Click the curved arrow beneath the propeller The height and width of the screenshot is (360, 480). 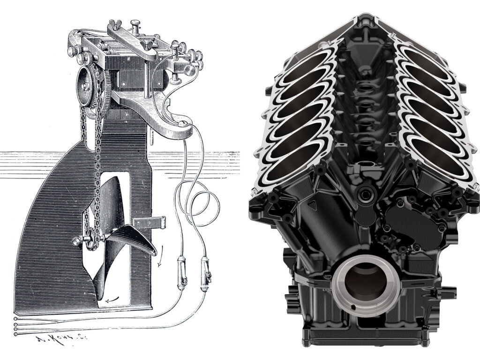111,300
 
